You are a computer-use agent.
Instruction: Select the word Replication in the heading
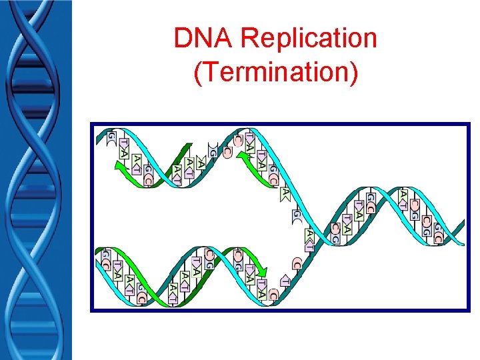click(x=309, y=39)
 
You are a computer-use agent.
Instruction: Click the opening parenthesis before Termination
click(x=197, y=71)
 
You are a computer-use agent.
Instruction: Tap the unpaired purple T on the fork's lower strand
click(x=285, y=281)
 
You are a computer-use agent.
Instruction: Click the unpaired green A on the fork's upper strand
click(x=285, y=193)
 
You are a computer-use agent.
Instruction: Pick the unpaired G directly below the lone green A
click(x=296, y=215)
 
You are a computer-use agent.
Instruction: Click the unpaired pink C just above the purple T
click(x=296, y=262)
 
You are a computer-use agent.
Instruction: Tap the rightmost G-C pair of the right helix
click(x=437, y=233)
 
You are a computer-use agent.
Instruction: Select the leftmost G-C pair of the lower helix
click(x=105, y=259)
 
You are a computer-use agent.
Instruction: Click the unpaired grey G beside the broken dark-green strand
click(x=213, y=152)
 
